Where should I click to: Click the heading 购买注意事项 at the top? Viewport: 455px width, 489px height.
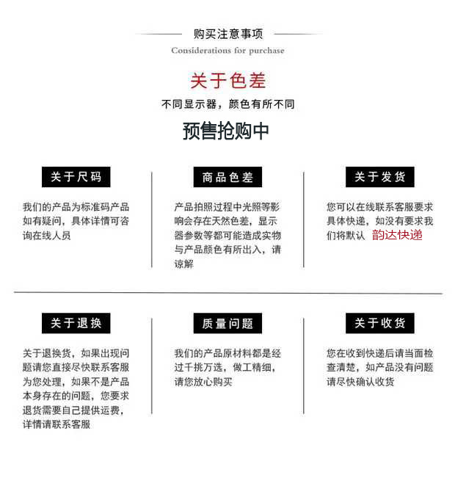227,34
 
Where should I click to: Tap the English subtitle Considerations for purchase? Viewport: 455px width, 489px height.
227,51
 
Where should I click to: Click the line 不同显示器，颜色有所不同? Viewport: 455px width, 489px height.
227,104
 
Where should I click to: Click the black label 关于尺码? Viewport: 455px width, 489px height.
76,177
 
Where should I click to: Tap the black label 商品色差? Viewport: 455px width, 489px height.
227,177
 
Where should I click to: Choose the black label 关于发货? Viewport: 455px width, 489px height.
379,177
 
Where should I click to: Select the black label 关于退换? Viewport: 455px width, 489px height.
76,323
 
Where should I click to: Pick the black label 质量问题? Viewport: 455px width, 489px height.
227,323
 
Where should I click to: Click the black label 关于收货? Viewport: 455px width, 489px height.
379,323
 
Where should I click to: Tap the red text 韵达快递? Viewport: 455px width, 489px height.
397,235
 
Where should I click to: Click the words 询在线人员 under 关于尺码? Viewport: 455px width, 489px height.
47,236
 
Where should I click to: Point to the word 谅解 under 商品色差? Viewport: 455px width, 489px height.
183,264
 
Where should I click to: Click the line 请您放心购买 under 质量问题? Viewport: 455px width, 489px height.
203,382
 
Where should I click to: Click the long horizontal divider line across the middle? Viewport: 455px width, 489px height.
227,293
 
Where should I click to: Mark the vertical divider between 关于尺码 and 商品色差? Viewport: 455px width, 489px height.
152,220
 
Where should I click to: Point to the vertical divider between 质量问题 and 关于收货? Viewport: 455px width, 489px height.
304,366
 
